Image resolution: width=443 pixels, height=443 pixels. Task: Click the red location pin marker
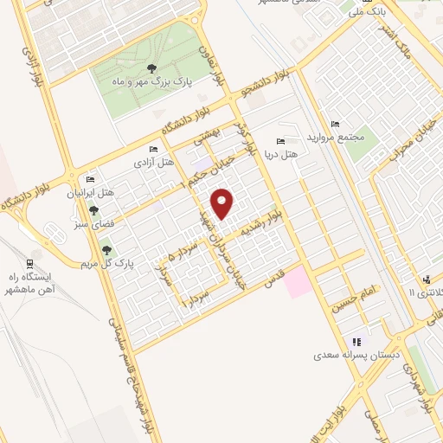[224, 202]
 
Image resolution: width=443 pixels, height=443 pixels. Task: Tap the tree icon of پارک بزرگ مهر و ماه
[152, 69]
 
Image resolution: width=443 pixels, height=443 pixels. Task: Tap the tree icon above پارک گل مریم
[107, 250]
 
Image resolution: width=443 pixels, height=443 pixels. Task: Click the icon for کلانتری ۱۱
[427, 279]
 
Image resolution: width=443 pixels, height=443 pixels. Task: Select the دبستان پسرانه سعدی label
[356, 355]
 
